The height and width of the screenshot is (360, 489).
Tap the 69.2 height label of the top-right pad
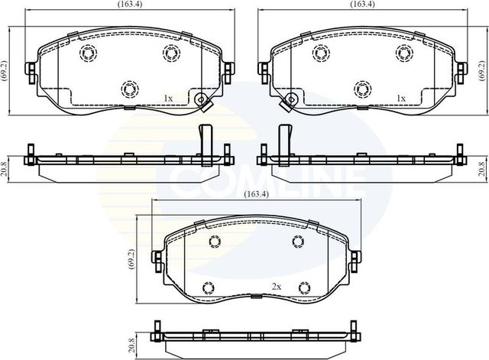pos(482,70)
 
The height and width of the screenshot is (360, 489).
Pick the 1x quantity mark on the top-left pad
pos(170,99)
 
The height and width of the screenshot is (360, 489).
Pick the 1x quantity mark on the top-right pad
pos(400,99)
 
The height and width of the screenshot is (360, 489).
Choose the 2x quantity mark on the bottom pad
pos(277,286)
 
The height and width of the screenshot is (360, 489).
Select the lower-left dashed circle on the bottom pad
pos(206,287)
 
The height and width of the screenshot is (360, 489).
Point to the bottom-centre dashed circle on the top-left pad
pos(128,89)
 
